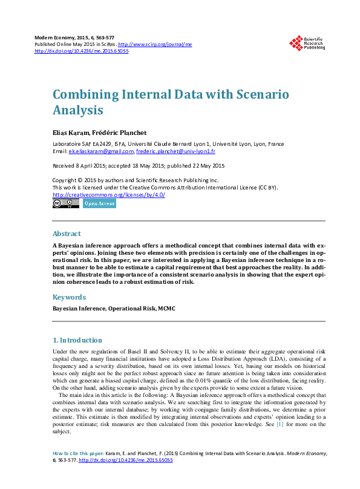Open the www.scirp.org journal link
155,45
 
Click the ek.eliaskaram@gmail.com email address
101,151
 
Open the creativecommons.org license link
109,195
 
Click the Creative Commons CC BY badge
65,204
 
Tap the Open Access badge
99,204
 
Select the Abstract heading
67,234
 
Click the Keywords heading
70,297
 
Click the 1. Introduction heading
77,340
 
